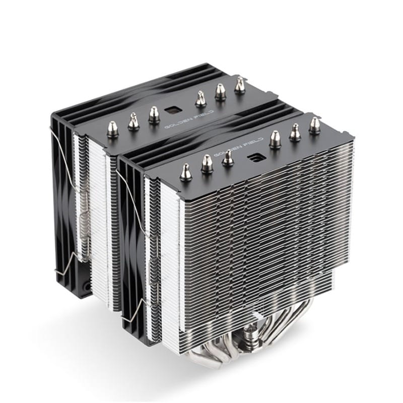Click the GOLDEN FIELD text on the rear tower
click(188, 119)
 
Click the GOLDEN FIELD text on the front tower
click(238, 147)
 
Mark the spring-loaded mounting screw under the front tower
click(249, 334)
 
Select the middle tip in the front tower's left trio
click(207, 164)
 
